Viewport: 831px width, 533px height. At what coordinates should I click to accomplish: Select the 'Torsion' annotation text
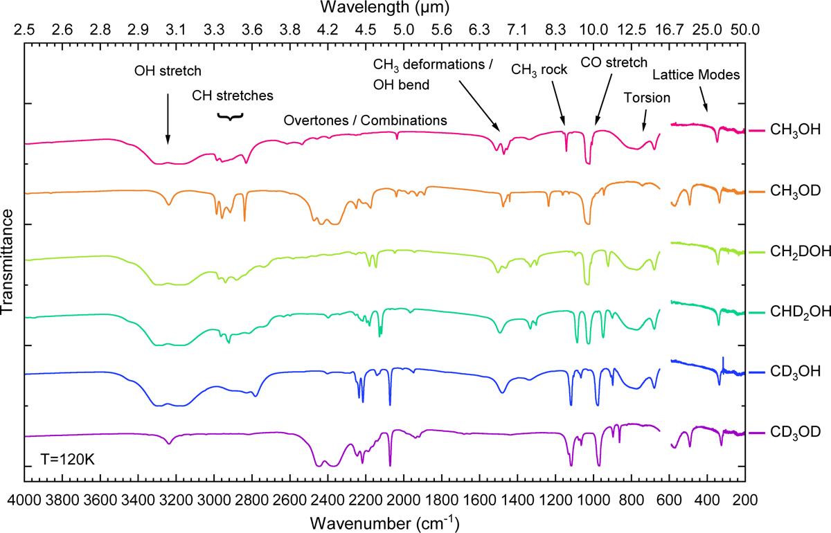(647, 98)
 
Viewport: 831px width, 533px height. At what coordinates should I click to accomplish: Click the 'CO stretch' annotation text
(614, 63)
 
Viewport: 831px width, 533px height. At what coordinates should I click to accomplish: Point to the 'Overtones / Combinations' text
(366, 120)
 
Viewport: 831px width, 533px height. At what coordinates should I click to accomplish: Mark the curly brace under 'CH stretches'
(230, 116)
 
